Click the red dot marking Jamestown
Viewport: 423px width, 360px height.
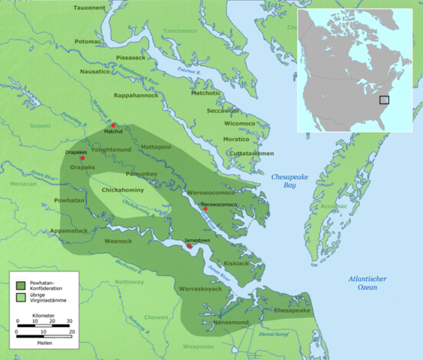click(x=190, y=246)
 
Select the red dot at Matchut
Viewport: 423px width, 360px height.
click(x=114, y=126)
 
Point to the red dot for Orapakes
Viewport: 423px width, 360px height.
click(x=82, y=158)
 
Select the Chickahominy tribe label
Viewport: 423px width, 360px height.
click(x=124, y=190)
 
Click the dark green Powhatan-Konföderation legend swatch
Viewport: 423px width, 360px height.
click(x=21, y=285)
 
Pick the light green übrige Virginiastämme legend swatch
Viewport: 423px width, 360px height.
click(x=21, y=298)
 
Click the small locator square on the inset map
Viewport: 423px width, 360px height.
click(x=384, y=100)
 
